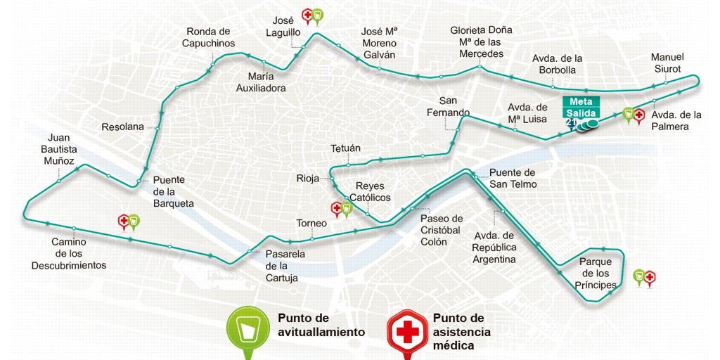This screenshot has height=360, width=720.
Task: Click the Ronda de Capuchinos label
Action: pos(208,37)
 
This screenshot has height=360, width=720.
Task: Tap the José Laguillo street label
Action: pos(283,26)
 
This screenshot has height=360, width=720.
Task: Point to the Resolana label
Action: pos(122,127)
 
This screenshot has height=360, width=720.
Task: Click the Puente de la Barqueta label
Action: pos(173,191)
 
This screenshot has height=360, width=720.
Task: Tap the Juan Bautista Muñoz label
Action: pos(59,149)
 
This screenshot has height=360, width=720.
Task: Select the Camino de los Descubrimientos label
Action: pos(69,253)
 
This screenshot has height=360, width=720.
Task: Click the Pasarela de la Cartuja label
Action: pos(285,266)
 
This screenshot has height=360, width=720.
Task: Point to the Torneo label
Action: pos(311,224)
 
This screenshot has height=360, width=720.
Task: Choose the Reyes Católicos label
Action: pos(373,191)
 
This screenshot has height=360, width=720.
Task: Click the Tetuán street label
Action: pos(345,148)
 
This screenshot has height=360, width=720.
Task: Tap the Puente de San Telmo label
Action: pos(513,179)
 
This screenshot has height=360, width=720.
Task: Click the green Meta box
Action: pos(581,101)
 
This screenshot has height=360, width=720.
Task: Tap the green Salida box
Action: pos(581,113)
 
